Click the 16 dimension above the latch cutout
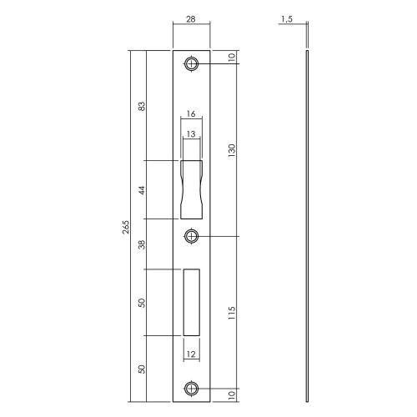point(191,113)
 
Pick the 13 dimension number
point(191,134)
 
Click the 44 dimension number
point(142,189)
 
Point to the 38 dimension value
point(142,244)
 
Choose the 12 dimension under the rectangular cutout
point(191,354)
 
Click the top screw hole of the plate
point(191,64)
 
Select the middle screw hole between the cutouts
point(191,238)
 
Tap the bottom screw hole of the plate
point(191,389)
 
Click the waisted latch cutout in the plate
point(191,188)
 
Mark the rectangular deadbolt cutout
point(191,302)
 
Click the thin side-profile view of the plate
point(308,225)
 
